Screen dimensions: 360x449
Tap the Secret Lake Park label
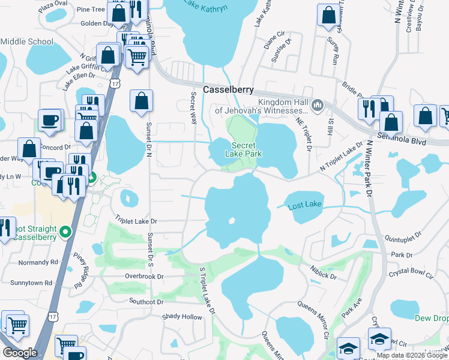(x=244, y=149)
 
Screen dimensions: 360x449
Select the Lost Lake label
(x=304, y=205)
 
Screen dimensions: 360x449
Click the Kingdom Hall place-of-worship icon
(x=318, y=106)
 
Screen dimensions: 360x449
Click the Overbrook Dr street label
(x=144, y=277)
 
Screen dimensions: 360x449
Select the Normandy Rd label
(x=38, y=262)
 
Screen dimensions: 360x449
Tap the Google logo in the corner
(x=20, y=353)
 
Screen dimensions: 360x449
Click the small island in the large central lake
(x=231, y=221)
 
